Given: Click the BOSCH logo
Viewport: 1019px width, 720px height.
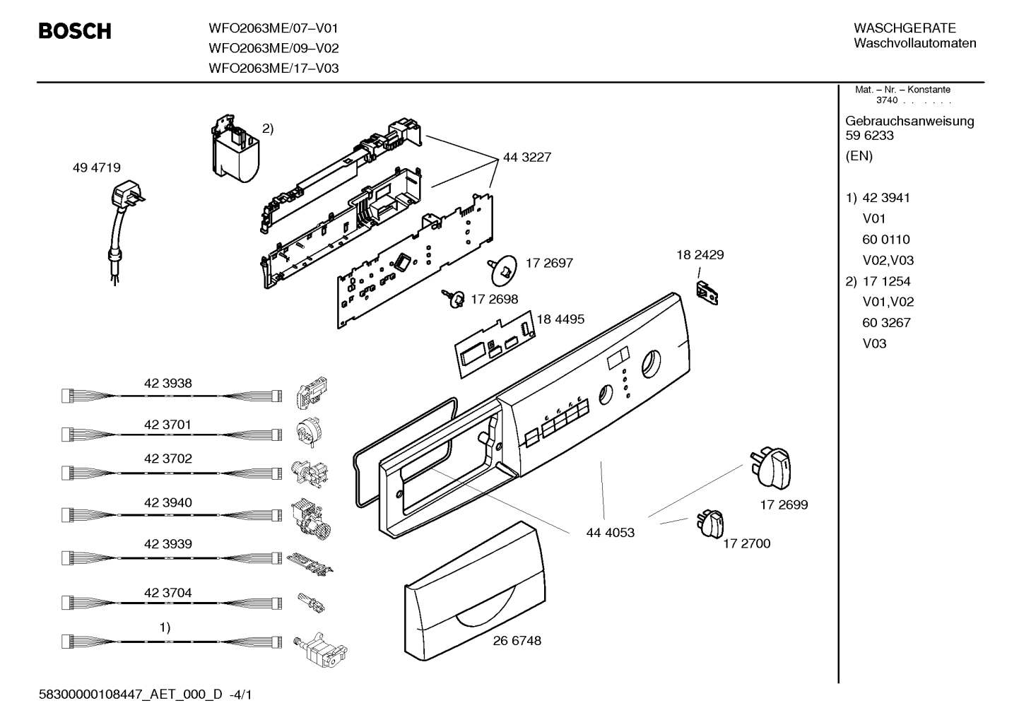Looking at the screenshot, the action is tap(75, 31).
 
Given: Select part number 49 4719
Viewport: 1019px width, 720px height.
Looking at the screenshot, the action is tap(96, 168).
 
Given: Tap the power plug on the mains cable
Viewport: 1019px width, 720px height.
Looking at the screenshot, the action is tap(126, 194).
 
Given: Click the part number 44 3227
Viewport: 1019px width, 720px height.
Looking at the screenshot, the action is tap(526, 158).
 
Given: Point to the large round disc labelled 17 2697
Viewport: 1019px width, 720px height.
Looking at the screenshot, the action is tap(504, 270).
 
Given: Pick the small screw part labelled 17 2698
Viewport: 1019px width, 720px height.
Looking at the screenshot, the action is tap(454, 299).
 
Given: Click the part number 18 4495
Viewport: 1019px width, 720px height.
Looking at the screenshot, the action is tap(560, 319).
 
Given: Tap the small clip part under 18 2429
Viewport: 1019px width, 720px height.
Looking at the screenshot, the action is tap(707, 293).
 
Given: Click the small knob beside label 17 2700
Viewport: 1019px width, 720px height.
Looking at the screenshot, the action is tap(709, 524).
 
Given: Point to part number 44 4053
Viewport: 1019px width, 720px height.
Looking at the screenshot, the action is tap(610, 533).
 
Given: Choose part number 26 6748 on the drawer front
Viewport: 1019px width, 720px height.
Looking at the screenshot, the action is tap(517, 641).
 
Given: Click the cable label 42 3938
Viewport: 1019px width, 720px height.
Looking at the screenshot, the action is tap(168, 384).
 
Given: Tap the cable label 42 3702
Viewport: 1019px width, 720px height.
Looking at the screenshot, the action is tap(168, 459).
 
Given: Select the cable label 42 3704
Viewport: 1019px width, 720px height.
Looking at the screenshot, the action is tap(168, 593).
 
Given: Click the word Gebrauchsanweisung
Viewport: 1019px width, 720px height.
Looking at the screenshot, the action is tap(910, 122).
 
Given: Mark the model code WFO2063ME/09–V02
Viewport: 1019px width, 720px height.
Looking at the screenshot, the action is tap(273, 48).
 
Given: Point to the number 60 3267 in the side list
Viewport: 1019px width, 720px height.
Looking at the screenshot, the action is tap(886, 323).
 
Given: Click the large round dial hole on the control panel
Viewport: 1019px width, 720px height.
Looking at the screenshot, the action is tap(652, 365).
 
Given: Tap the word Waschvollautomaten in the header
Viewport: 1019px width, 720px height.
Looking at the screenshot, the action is tap(915, 43).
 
